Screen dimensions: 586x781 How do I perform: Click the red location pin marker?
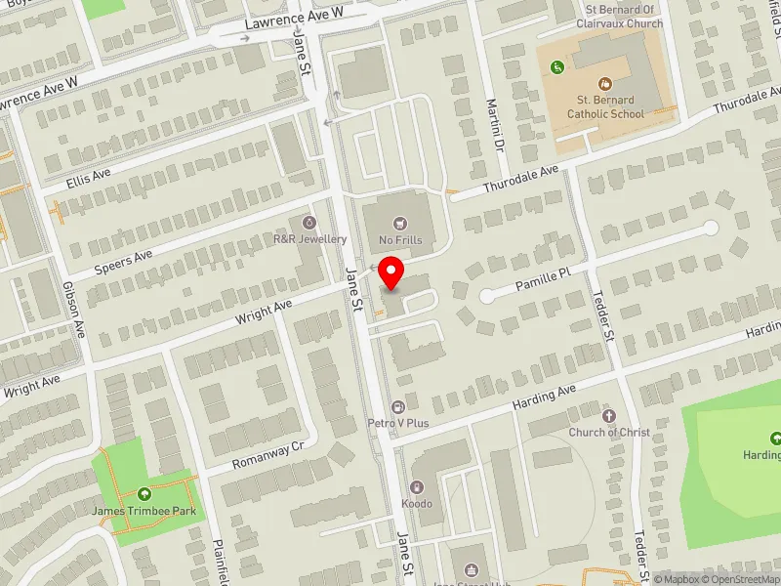click(x=391, y=272)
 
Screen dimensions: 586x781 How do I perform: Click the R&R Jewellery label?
click(x=309, y=239)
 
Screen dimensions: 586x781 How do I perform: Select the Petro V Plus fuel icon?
click(x=397, y=407)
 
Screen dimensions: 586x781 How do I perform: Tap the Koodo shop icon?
click(x=417, y=487)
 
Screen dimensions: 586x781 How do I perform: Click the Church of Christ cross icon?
click(x=610, y=416)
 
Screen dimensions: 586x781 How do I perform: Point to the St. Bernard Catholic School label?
click(x=605, y=106)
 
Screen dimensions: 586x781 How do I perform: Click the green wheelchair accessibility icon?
click(x=557, y=67)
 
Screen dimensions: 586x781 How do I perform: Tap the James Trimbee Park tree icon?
click(x=144, y=494)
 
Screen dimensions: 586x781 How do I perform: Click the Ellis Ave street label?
click(x=90, y=178)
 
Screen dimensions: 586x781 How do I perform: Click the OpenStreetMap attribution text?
click(x=739, y=579)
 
